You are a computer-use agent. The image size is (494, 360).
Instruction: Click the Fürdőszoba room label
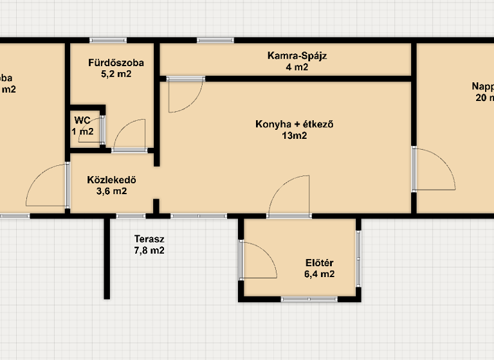[116, 63]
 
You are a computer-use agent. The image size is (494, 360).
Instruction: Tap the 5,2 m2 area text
[116, 74]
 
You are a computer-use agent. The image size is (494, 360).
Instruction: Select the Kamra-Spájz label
[297, 55]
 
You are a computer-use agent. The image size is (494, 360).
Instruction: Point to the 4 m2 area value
[297, 66]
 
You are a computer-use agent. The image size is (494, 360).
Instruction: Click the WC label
[82, 120]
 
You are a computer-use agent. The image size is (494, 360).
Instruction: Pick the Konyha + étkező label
[293, 124]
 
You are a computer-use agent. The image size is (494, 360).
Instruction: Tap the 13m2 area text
[293, 136]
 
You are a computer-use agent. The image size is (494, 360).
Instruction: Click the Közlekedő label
[111, 180]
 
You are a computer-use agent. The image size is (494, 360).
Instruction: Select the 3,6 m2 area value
[111, 191]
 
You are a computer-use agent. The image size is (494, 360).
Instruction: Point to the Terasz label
[148, 239]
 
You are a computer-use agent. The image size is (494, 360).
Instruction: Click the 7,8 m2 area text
[148, 251]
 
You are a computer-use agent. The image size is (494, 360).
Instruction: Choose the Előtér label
[319, 262]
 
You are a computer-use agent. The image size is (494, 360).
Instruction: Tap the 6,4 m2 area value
[320, 274]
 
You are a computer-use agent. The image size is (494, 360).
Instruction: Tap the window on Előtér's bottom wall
[309, 299]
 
